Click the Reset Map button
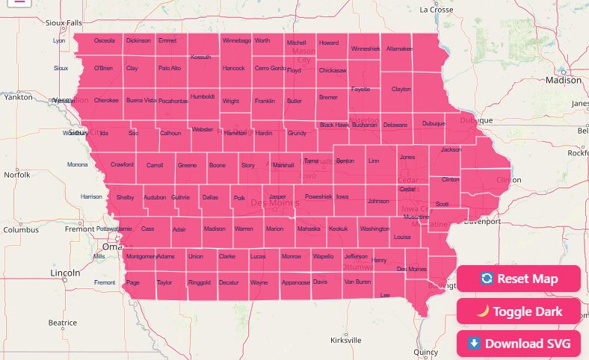(519, 279)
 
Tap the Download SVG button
(519, 344)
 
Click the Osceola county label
(105, 40)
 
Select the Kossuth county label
(201, 57)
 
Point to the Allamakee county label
(399, 49)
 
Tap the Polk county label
(239, 198)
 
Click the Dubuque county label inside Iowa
(433, 124)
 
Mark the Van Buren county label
(357, 282)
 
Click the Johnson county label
(378, 201)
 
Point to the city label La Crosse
(437, 10)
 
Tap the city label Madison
(563, 80)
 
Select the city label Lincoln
(65, 273)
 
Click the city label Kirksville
(345, 340)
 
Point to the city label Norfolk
(16, 175)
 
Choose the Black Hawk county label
(334, 125)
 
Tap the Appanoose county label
(295, 283)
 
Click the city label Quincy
(425, 351)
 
